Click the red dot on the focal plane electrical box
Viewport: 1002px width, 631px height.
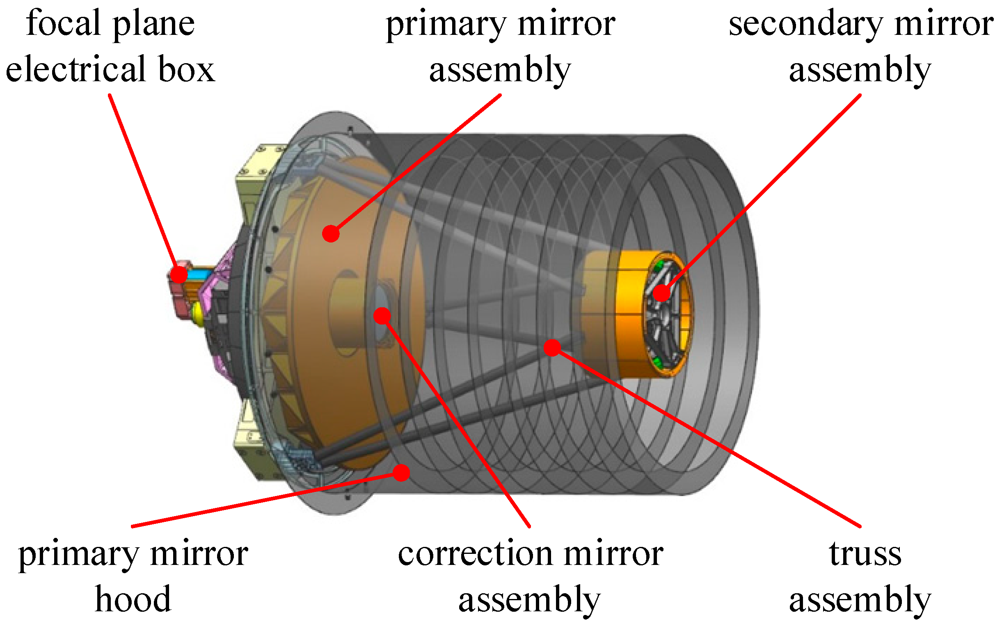[179, 275]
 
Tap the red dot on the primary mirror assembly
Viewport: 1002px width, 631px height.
[331, 233]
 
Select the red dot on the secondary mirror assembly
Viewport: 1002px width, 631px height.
[661, 293]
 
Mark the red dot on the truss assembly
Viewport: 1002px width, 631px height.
[552, 348]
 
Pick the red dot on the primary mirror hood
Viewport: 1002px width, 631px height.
[402, 473]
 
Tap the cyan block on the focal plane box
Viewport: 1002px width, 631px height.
[199, 274]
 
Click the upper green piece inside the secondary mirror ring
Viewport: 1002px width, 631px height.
[659, 265]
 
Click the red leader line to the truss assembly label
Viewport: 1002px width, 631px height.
[707, 437]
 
